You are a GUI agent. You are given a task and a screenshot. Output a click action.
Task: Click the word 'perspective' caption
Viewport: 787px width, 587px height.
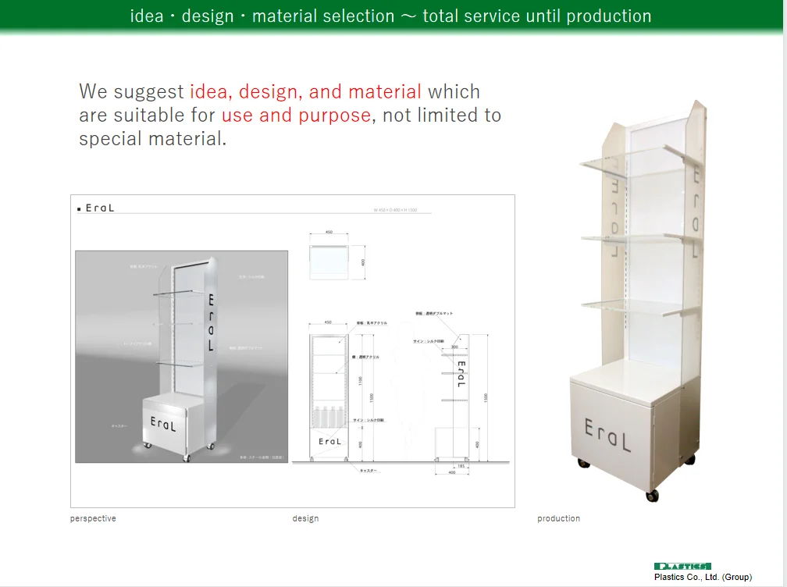click(x=93, y=518)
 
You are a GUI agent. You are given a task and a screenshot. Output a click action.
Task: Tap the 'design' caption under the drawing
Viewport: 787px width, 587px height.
click(x=305, y=518)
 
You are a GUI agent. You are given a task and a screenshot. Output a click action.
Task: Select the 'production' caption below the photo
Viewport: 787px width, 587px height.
click(x=558, y=518)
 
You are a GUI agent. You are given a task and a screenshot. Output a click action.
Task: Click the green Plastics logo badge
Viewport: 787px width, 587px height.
click(x=682, y=566)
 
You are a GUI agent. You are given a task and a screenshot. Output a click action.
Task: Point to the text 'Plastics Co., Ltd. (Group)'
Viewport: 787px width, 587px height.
click(x=703, y=577)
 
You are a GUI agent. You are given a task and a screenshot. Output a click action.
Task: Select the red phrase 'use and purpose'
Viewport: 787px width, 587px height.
click(x=296, y=116)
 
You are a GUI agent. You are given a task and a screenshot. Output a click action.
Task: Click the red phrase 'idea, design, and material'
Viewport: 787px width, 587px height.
click(x=305, y=91)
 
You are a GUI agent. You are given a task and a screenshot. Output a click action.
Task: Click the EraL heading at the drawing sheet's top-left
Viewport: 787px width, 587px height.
click(x=99, y=208)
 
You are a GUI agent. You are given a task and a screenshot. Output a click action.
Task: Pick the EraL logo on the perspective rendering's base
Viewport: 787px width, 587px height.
click(x=163, y=424)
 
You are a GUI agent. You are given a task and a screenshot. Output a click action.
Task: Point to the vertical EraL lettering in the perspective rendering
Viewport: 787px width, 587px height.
click(x=211, y=322)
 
